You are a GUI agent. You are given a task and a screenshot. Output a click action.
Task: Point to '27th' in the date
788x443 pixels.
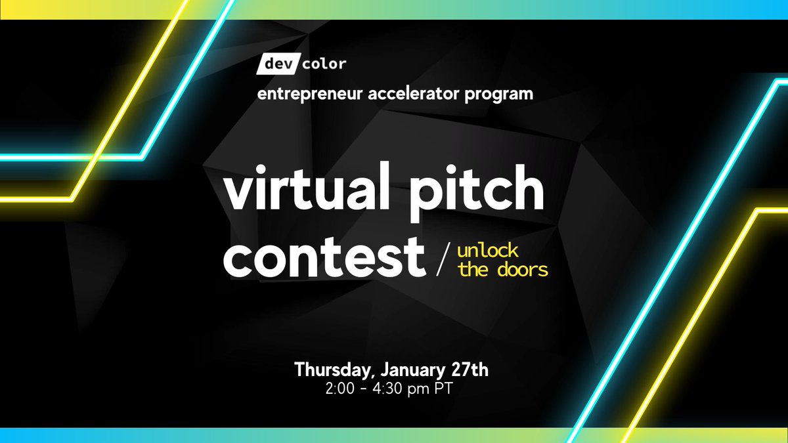[x=469, y=369]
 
